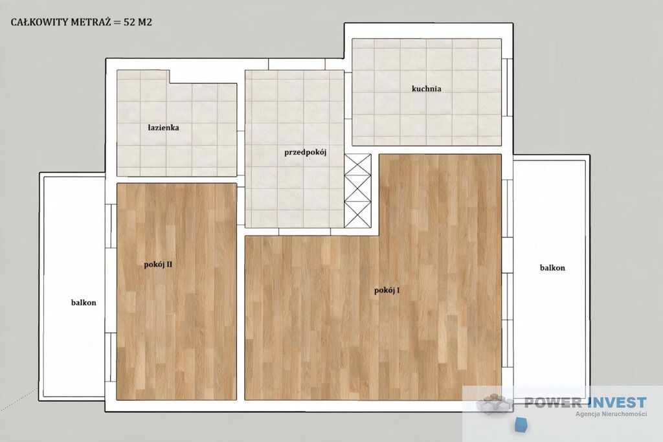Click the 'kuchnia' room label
pos(426,89)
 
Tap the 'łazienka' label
pos(163,127)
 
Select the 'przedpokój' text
pos(306,153)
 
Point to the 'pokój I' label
pos(387,291)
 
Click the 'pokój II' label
pos(158,265)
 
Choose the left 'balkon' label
pos(84,303)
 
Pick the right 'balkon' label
pos(552,267)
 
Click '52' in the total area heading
pos(129,23)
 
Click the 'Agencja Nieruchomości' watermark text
pos(611,414)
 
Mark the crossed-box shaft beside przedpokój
pos(357,191)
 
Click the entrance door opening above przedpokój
pos(297,64)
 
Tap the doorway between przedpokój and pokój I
pos(304,232)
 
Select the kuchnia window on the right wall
pos(508,87)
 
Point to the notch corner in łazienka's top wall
pos(170,83)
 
